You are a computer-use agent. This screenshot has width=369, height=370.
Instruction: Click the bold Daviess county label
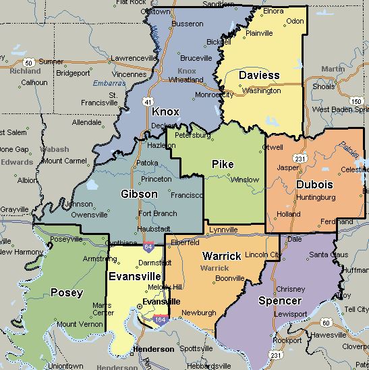point(259,75)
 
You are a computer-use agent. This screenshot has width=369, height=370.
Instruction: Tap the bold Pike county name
point(223,164)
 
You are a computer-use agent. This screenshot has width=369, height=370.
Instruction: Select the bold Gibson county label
point(139,194)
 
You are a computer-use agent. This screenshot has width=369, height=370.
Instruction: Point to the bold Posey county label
point(67,292)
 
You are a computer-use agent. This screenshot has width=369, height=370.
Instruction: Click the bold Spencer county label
point(279,300)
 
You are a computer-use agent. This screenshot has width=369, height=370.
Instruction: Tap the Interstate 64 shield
point(148,247)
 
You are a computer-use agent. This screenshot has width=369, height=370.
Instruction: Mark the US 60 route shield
point(325,323)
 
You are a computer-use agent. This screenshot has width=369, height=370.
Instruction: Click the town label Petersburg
point(192,135)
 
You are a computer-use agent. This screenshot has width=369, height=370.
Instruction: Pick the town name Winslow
point(244,180)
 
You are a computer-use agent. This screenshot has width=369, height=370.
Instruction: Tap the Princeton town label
point(156,179)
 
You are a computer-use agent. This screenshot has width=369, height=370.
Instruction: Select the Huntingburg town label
point(316,197)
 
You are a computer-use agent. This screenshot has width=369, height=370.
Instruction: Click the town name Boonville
point(230,277)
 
